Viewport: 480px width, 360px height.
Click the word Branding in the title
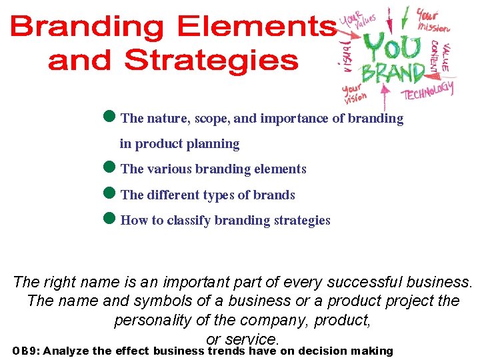[x=87, y=29]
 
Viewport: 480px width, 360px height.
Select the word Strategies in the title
[x=211, y=60]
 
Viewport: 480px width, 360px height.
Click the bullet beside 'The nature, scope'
[x=111, y=117]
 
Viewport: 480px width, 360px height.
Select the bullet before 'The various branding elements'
[x=111, y=168]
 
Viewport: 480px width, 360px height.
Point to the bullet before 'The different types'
[x=111, y=194]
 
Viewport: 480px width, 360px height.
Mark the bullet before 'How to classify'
[x=111, y=219]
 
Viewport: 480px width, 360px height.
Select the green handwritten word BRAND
[x=393, y=73]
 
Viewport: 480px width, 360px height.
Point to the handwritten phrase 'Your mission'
[x=433, y=20]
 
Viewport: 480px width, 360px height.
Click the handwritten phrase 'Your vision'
[x=354, y=95]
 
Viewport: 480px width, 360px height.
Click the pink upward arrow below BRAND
[x=384, y=94]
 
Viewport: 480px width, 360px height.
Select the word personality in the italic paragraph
[x=153, y=319]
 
